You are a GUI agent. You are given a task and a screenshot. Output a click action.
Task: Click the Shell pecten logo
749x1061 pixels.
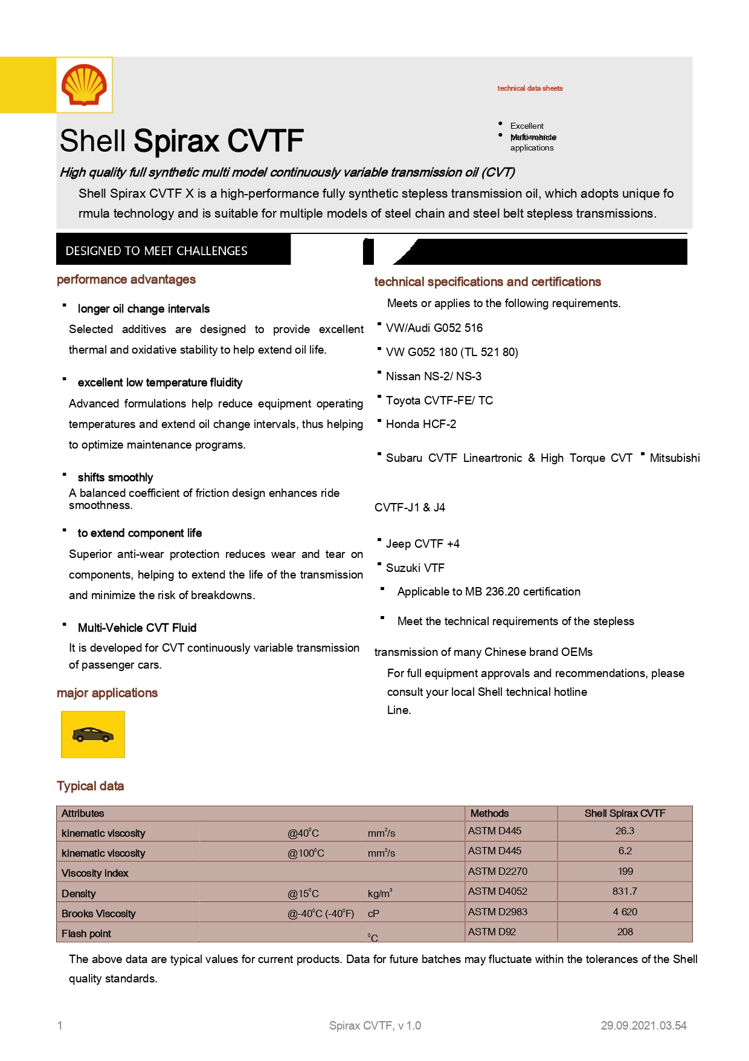(84, 85)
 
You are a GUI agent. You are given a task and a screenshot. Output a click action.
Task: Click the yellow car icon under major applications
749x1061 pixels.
(92, 735)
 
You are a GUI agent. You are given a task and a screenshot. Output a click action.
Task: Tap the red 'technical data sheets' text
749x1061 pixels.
(530, 88)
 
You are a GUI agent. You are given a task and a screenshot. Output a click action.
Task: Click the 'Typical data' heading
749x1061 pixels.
(90, 786)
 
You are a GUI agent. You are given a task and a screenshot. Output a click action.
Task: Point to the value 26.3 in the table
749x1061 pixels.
(625, 831)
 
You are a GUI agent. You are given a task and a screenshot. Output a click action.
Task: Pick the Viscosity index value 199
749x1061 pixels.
(625, 871)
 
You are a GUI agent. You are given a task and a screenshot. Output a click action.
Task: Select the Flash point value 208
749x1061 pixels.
(625, 932)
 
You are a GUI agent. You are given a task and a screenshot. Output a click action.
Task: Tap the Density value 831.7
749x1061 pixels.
(625, 891)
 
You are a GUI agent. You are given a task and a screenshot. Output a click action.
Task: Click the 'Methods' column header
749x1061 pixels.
(489, 813)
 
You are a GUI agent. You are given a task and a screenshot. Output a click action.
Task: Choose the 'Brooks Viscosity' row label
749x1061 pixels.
(98, 913)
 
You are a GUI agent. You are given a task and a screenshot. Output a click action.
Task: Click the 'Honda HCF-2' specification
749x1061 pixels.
(420, 424)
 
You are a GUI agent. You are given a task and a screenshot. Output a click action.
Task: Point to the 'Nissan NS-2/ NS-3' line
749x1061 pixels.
(433, 376)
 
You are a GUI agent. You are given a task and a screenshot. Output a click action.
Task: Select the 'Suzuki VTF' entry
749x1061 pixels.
(415, 568)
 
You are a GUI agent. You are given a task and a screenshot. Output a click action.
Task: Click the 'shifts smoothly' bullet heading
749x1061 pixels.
(115, 478)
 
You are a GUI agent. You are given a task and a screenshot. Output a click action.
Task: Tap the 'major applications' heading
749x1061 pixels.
(107, 693)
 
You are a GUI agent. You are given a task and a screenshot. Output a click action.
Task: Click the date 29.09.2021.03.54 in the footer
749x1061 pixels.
(643, 1025)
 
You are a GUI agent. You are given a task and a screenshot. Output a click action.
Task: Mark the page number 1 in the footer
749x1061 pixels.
(60, 1025)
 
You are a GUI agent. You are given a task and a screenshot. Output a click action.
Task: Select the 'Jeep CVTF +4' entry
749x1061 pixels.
(422, 543)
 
